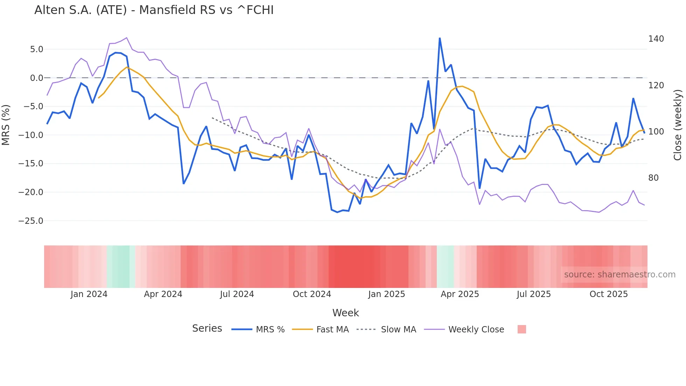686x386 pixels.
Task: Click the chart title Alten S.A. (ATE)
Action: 154,10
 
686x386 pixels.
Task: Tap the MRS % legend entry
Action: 270,330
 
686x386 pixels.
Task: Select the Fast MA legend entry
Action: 332,330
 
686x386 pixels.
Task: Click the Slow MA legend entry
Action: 398,330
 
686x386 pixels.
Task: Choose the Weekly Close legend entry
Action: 476,330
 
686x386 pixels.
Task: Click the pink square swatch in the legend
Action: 521,329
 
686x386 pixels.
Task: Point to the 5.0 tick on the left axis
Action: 36,49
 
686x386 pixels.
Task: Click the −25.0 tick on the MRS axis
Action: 31,221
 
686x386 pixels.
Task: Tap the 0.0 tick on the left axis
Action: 36,78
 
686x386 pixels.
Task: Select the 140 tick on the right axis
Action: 656,39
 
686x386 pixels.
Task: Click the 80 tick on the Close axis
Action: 653,178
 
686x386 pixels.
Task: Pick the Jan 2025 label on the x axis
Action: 386,294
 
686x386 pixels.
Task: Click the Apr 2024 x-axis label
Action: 163,294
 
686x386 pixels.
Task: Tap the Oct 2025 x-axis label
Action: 609,294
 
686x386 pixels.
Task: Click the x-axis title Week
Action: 345,313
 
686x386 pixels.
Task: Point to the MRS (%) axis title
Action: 6,125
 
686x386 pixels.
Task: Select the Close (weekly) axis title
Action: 678,125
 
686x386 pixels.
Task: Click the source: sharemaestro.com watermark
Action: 619,275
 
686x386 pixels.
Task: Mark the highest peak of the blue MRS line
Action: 440,38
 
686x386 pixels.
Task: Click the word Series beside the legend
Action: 207,329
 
